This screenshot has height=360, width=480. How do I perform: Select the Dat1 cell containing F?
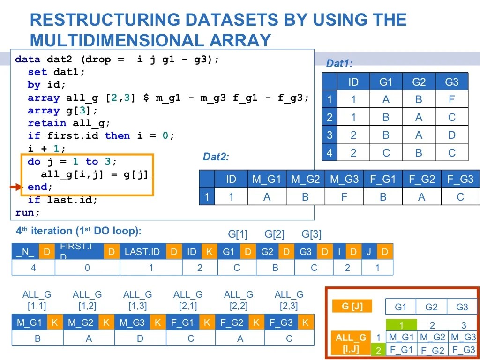coord(451,100)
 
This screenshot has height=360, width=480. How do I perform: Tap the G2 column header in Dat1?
coord(419,82)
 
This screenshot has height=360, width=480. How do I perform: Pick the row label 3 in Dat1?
coord(330,135)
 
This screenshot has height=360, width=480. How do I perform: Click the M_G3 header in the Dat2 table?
coord(344,179)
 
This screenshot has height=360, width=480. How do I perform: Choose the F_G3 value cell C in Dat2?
coord(460,197)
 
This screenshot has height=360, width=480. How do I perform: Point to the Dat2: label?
coord(216,157)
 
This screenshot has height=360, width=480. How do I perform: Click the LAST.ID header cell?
coord(142,252)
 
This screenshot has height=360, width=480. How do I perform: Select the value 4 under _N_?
coord(33,268)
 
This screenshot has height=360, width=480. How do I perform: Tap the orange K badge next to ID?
coord(209,252)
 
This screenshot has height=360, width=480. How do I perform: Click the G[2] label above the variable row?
coord(275,234)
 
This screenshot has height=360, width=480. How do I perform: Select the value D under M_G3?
coord(140,338)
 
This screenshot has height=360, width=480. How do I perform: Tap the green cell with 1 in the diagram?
coord(401,325)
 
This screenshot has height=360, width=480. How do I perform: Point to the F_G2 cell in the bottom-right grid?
coord(432,350)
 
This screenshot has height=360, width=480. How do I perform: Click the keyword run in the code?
coord(24,212)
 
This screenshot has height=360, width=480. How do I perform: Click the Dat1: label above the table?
coord(339,64)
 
